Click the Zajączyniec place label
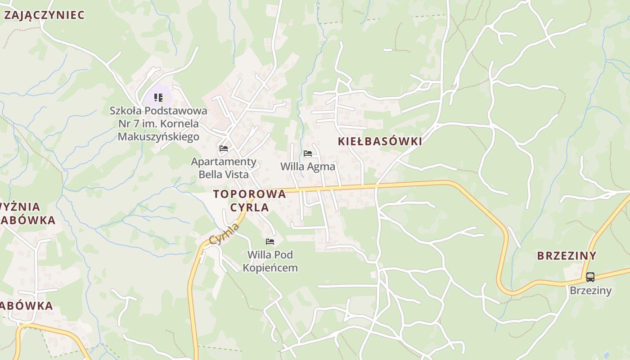[x=44, y=15]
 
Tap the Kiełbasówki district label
[x=380, y=141]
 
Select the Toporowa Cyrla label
[x=250, y=201]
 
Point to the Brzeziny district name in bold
[x=567, y=256]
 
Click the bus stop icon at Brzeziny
[x=590, y=277]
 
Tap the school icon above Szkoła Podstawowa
[x=158, y=97]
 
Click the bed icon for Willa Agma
[x=308, y=153]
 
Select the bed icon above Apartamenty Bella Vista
[x=224, y=148]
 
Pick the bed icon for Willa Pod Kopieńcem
[x=270, y=242]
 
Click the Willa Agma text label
[x=308, y=166]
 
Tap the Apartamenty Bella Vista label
[x=224, y=168]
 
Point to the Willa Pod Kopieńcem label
[x=270, y=261]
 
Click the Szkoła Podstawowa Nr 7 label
[x=158, y=123]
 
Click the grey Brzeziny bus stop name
[x=590, y=290]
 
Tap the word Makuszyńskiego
[x=158, y=136]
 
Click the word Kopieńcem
[x=270, y=268]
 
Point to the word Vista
[x=236, y=174]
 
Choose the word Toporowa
[x=250, y=194]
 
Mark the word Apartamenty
[x=224, y=162]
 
